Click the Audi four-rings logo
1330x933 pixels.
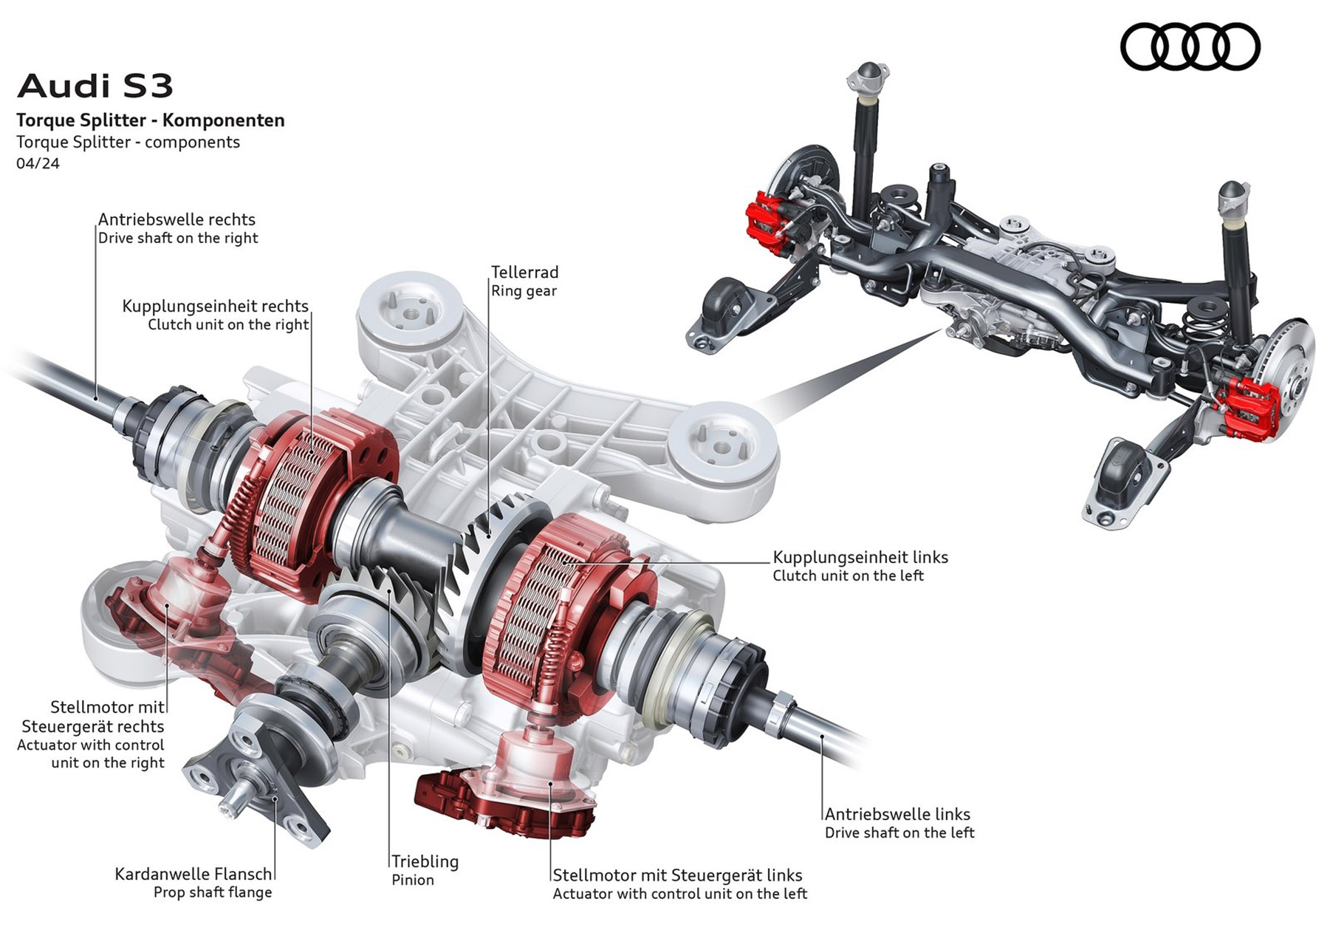tap(1190, 47)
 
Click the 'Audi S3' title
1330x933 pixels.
tap(95, 86)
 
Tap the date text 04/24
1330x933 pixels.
tap(38, 163)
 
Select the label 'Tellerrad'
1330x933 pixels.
tap(524, 273)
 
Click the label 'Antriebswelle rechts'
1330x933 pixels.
tap(176, 219)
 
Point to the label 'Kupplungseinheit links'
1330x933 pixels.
tap(860, 557)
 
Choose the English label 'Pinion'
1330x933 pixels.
tap(413, 880)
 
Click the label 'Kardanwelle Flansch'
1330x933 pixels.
tap(193, 874)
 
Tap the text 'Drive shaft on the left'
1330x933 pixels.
tap(899, 833)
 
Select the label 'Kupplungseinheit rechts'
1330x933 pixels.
tap(215, 306)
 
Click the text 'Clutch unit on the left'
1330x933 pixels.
tap(848, 575)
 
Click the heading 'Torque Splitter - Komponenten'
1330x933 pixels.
tap(151, 120)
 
